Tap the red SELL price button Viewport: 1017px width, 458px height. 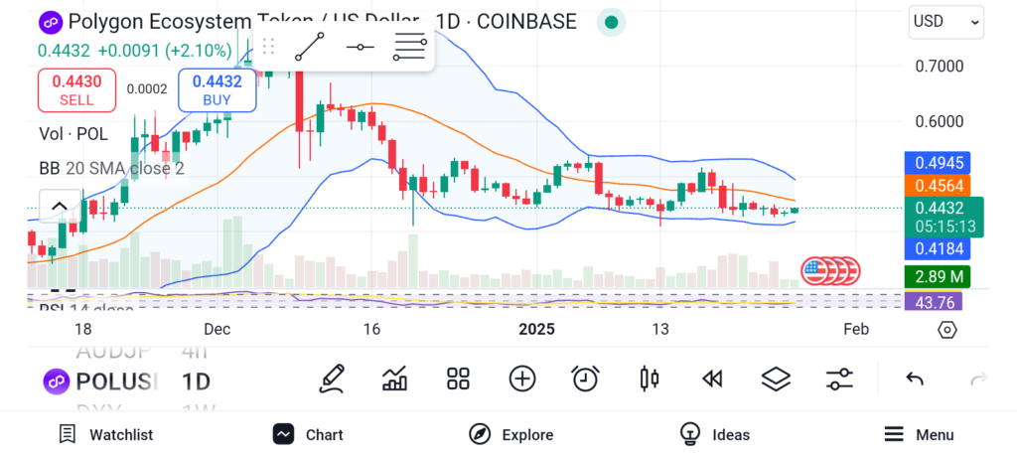coord(76,89)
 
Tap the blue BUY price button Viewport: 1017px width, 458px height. coord(217,89)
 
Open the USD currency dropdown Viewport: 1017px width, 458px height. coord(945,21)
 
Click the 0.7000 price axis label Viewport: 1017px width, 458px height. coord(939,67)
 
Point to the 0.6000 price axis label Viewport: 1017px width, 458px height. coord(939,121)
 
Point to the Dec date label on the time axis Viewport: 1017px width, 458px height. coord(217,329)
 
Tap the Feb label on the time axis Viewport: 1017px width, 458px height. coord(855,329)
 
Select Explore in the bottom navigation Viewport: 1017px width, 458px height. coord(511,434)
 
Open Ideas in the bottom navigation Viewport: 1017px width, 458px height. coord(715,434)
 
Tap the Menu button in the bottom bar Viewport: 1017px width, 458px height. coord(919,434)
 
